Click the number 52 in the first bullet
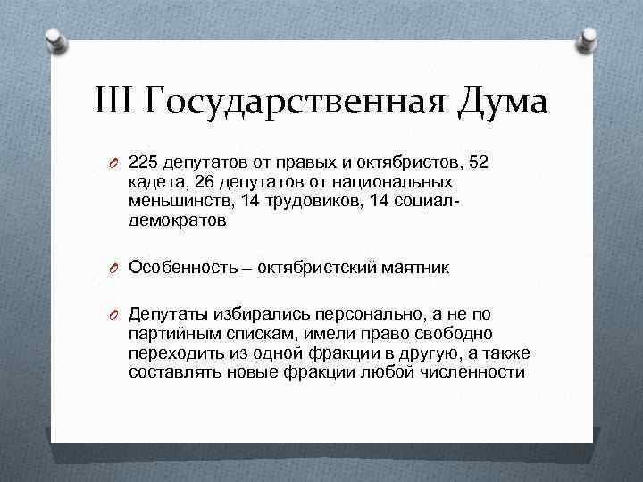480,162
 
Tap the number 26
203,182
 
